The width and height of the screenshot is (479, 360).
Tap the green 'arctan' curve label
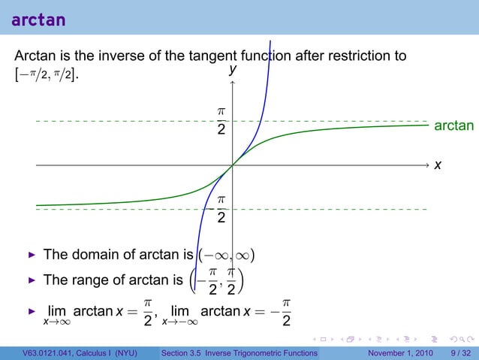454,125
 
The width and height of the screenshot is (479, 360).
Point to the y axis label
233,68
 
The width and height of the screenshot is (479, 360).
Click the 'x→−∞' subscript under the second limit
179,323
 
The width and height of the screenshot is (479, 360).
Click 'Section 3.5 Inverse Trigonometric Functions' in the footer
239,352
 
